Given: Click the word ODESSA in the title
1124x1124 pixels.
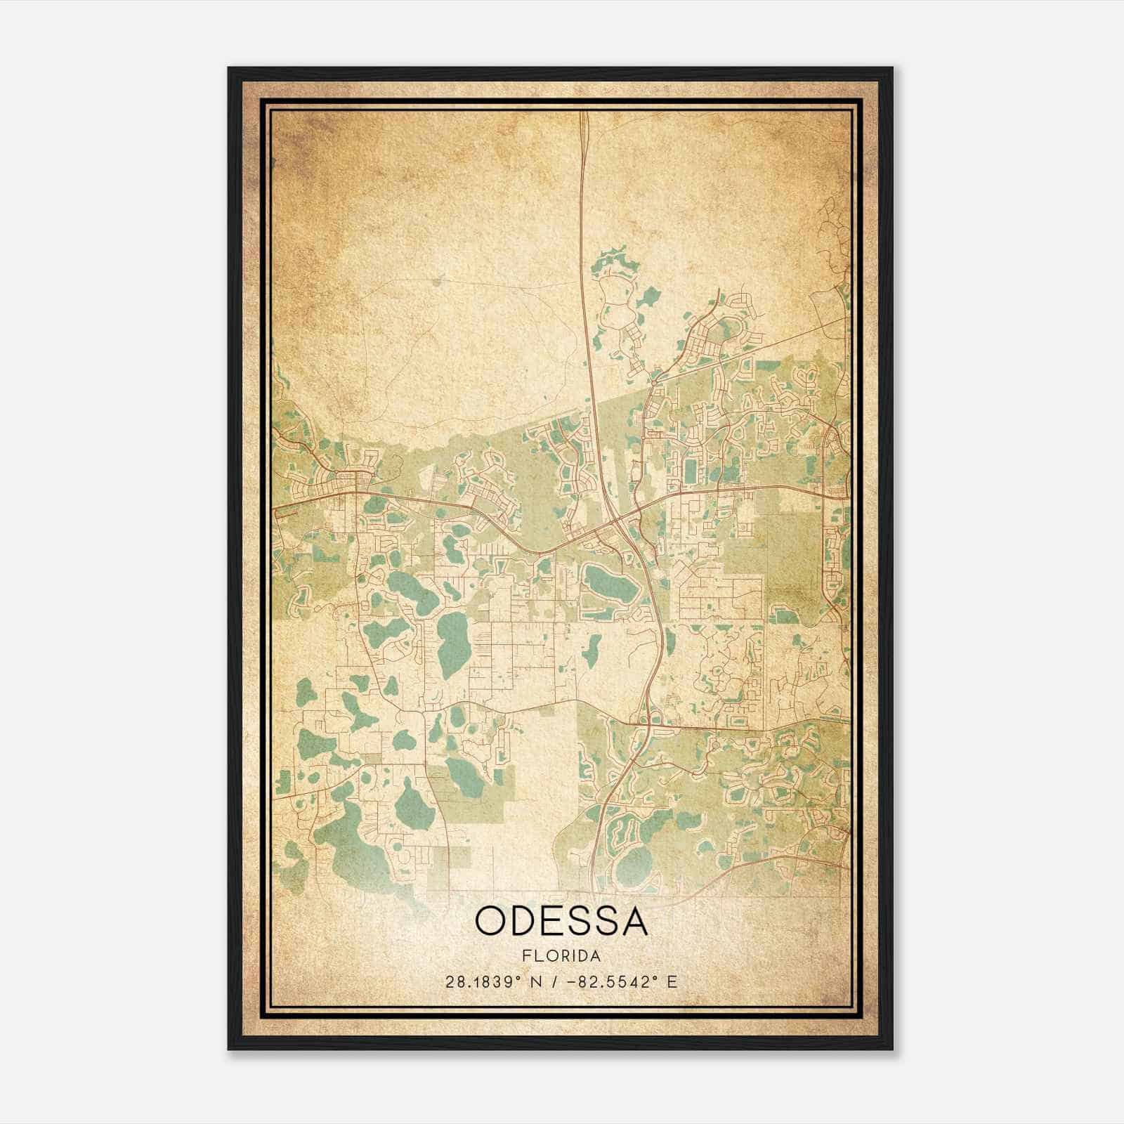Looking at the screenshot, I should click(561, 921).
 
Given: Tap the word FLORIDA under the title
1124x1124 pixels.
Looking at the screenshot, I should click(561, 956).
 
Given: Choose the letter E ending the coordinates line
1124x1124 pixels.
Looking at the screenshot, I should click(672, 982).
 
